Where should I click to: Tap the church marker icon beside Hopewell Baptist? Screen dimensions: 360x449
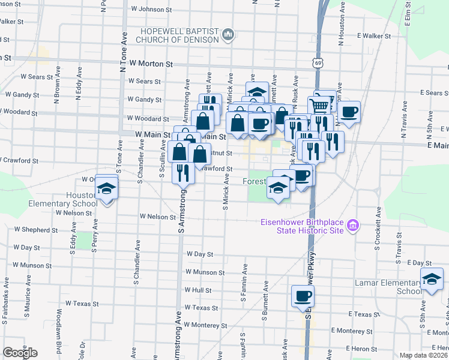(x=228, y=35)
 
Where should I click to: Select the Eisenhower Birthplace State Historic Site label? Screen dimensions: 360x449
(x=301, y=226)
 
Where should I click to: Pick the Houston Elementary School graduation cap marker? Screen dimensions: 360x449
(x=106, y=190)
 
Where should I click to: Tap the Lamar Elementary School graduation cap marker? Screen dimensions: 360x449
(x=432, y=280)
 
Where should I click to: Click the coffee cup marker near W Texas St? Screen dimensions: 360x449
(x=303, y=296)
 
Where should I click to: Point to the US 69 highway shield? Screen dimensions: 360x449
(x=317, y=62)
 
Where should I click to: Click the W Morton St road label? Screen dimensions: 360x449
(x=151, y=63)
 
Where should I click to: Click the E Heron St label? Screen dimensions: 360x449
(x=357, y=349)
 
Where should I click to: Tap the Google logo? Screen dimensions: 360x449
(x=20, y=353)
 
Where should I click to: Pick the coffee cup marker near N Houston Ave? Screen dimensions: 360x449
(x=348, y=112)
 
